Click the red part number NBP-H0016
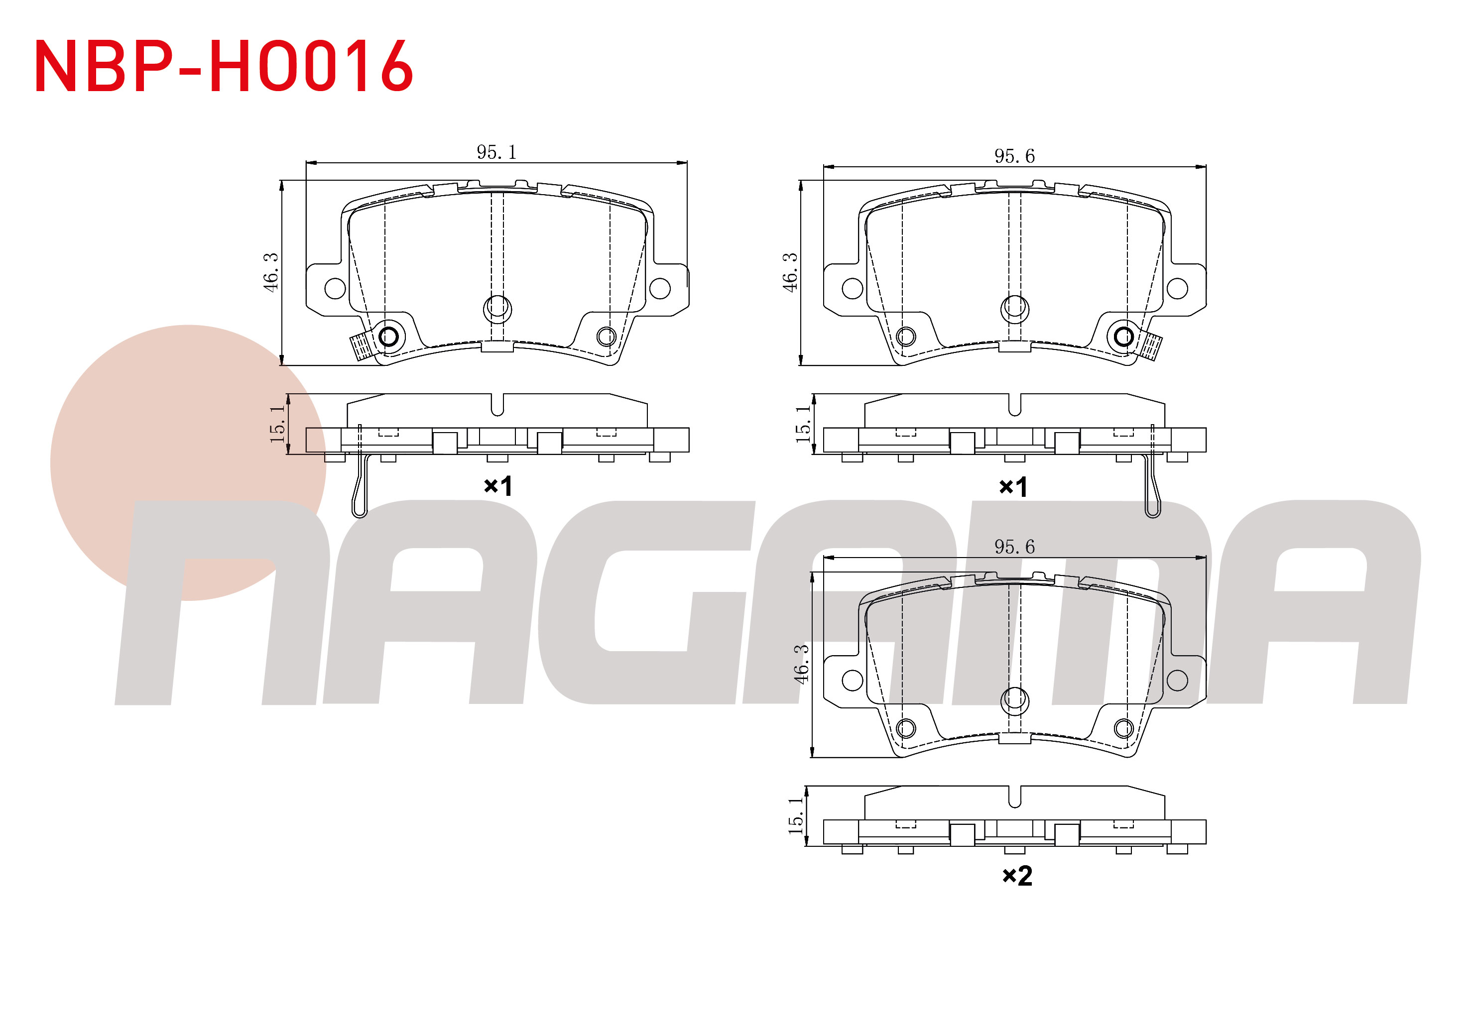click(x=224, y=66)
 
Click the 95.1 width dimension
click(x=496, y=152)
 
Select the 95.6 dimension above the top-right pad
click(x=1014, y=156)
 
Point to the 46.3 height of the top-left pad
click(x=271, y=272)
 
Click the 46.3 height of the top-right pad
click(x=790, y=272)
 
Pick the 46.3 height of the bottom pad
click(x=801, y=664)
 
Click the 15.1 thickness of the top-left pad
click(x=277, y=424)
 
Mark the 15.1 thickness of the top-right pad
click(x=803, y=424)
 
